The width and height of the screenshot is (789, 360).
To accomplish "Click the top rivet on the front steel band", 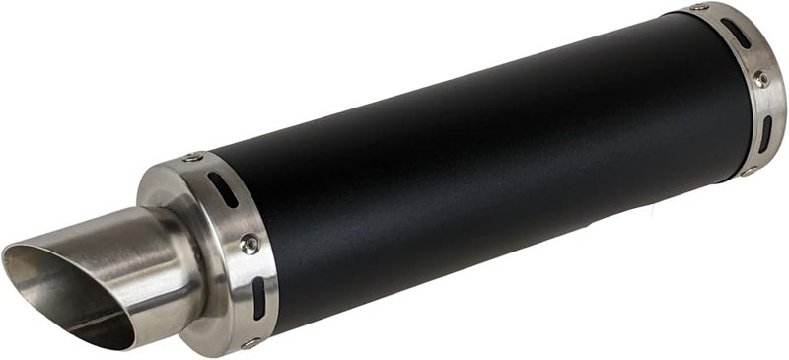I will point(192,158).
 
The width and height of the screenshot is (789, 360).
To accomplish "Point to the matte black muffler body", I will point(473,168).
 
